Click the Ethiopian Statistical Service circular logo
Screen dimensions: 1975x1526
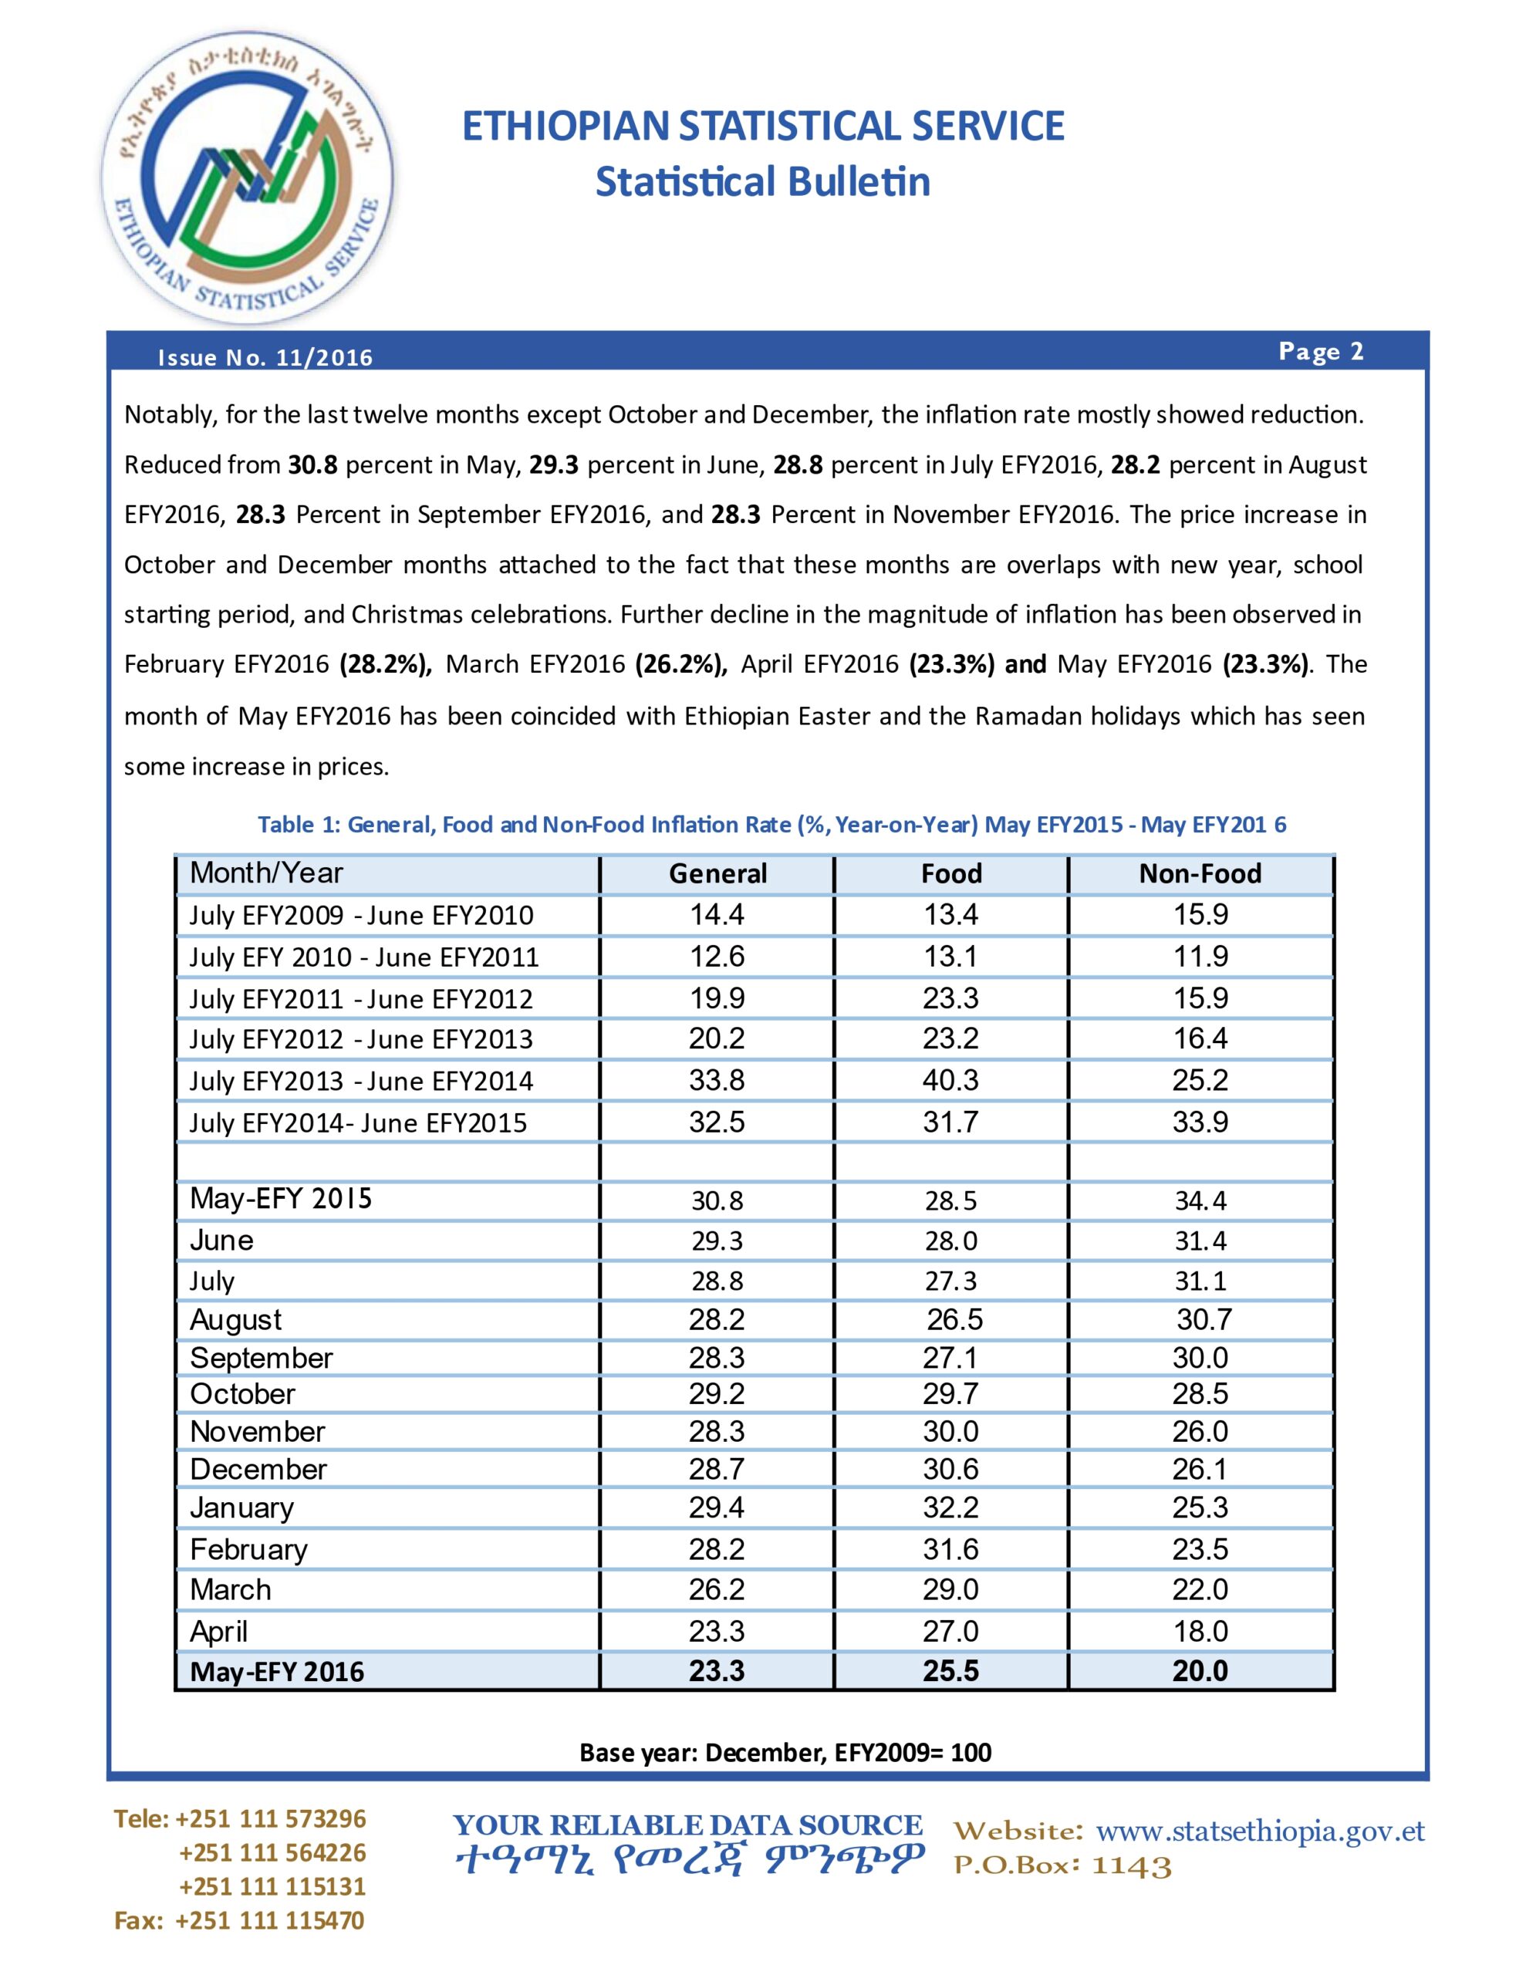coord(247,178)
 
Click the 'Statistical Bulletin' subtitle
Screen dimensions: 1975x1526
coord(762,182)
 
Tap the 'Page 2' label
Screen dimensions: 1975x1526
coord(1321,351)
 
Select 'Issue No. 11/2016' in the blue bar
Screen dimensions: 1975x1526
coord(265,357)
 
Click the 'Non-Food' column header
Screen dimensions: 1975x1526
coord(1200,873)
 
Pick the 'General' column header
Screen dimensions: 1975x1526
coord(717,873)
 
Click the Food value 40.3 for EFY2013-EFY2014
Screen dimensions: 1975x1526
coord(950,1080)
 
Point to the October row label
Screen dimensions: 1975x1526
coord(242,1393)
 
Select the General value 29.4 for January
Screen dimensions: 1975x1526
coord(717,1507)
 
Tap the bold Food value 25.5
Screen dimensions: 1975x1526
coord(950,1670)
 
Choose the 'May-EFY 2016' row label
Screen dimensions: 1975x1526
coord(277,1671)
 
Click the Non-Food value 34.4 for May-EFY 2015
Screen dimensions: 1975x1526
coord(1200,1201)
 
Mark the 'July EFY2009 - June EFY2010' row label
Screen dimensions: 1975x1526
coord(361,915)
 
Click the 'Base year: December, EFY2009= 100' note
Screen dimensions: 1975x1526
coord(785,1753)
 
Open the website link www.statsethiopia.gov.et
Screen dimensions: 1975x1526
coord(1260,1832)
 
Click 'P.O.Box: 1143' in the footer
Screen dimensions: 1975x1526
coord(1063,1866)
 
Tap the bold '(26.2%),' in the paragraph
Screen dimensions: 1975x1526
coord(681,665)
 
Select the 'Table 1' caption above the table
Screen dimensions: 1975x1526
coord(771,824)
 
